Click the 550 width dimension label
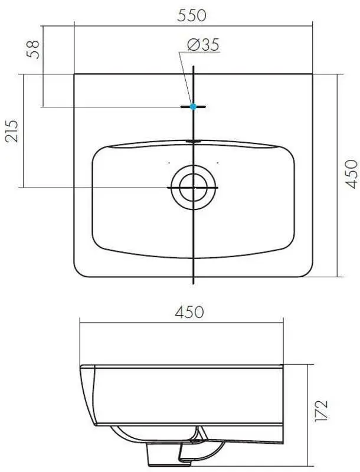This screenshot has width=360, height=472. pyautogui.click(x=192, y=15)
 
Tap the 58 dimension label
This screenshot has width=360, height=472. pyautogui.click(x=33, y=49)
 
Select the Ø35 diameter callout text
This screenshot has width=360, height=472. pyautogui.click(x=203, y=45)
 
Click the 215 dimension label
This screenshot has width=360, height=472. pyautogui.click(x=12, y=131)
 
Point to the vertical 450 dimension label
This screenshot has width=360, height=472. pyautogui.click(x=351, y=174)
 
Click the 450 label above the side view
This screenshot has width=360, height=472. pyautogui.click(x=189, y=312)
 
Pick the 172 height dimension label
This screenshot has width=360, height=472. pyautogui.click(x=320, y=411)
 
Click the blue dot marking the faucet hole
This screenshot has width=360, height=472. pyautogui.click(x=193, y=107)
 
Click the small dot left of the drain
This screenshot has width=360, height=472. pyautogui.click(x=169, y=163)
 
